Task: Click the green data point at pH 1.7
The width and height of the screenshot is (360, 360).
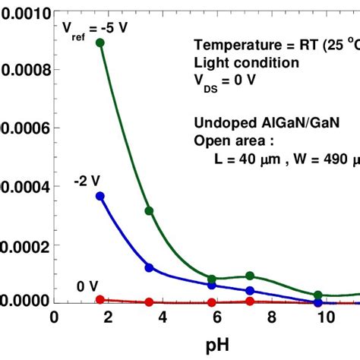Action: [x=99, y=43]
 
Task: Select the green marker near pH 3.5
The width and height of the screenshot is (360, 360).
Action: [x=149, y=210]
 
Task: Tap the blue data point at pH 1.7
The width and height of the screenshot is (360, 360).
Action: [x=99, y=196]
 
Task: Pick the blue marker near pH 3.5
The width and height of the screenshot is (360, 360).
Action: [x=149, y=267]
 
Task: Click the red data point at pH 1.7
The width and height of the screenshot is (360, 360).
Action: [x=99, y=300]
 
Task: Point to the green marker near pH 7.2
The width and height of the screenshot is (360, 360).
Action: [x=250, y=276]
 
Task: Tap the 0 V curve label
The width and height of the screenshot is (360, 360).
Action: [x=87, y=286]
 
